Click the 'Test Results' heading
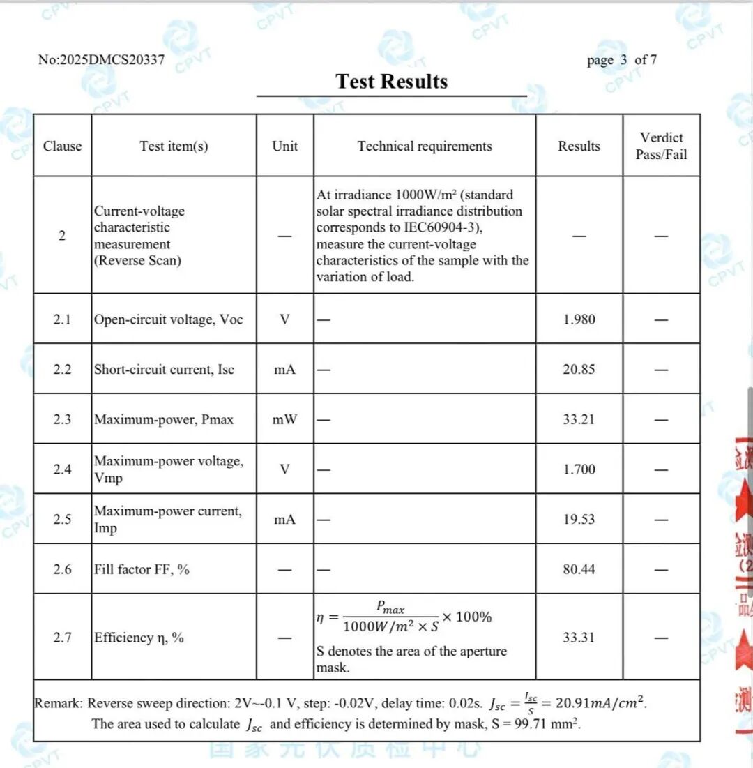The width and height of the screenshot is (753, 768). (391, 82)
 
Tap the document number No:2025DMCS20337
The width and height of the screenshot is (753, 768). (101, 60)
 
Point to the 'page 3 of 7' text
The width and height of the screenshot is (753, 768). (621, 60)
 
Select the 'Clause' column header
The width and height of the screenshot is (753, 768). (62, 146)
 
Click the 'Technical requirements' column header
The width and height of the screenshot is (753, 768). (425, 146)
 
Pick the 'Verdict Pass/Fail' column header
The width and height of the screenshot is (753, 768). (661, 146)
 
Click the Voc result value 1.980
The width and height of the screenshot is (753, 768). (579, 319)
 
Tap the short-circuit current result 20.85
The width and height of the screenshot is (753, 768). (579, 369)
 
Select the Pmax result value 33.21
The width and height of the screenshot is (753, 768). (579, 419)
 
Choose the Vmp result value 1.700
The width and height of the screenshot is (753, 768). (579, 469)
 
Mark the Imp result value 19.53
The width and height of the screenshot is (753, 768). (579, 520)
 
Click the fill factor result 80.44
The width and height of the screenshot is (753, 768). (579, 569)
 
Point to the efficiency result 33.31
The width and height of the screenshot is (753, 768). (579, 638)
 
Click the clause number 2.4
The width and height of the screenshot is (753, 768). (62, 469)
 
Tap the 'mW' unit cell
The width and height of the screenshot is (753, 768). (284, 419)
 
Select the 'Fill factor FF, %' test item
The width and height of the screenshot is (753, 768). (142, 569)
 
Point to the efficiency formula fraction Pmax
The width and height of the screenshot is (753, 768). (390, 609)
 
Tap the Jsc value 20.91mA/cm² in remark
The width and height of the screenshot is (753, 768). (598, 702)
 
